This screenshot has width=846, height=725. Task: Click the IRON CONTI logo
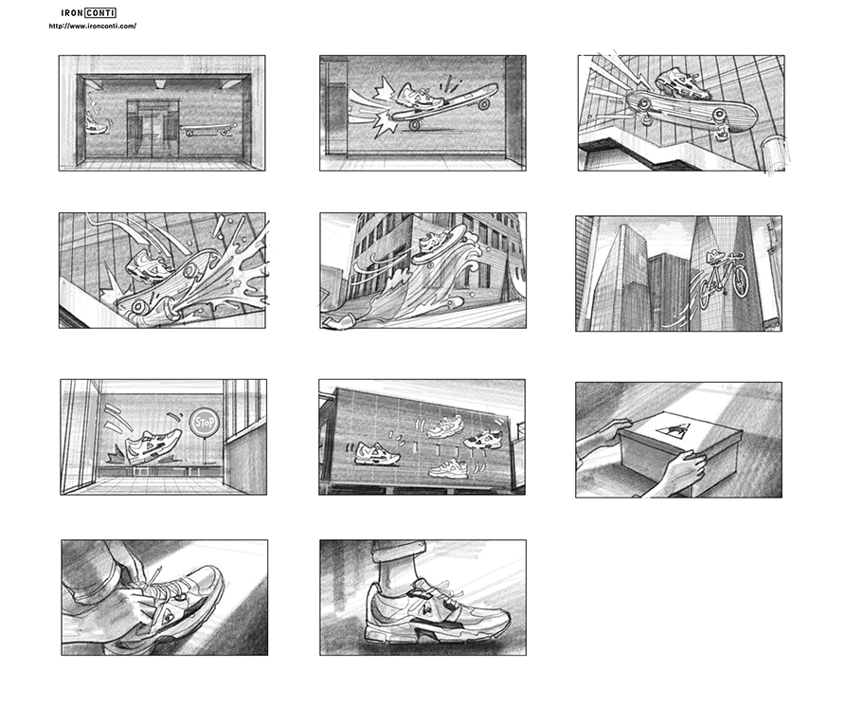point(88,13)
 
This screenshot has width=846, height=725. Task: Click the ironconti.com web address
point(92,26)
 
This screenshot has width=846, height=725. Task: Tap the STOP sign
point(205,422)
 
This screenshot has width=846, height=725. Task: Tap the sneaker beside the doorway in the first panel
point(96,122)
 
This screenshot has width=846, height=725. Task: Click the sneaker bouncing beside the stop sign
point(153,446)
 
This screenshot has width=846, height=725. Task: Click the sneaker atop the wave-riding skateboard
point(435,242)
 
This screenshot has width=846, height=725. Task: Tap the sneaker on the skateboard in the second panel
point(420,95)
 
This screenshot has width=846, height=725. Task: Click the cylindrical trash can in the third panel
point(773,154)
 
